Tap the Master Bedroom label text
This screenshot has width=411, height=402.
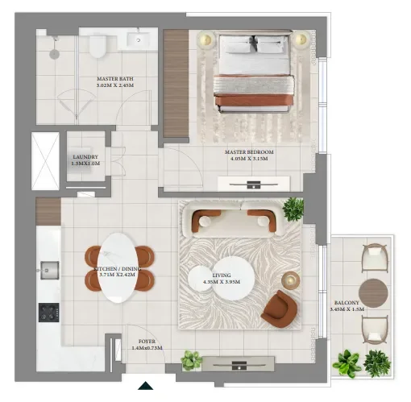tap(252, 155)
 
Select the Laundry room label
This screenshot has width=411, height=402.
tap(85, 160)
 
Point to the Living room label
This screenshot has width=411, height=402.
tap(221, 279)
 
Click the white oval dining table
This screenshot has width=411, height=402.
tap(118, 267)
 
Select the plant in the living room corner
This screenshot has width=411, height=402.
tap(293, 208)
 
